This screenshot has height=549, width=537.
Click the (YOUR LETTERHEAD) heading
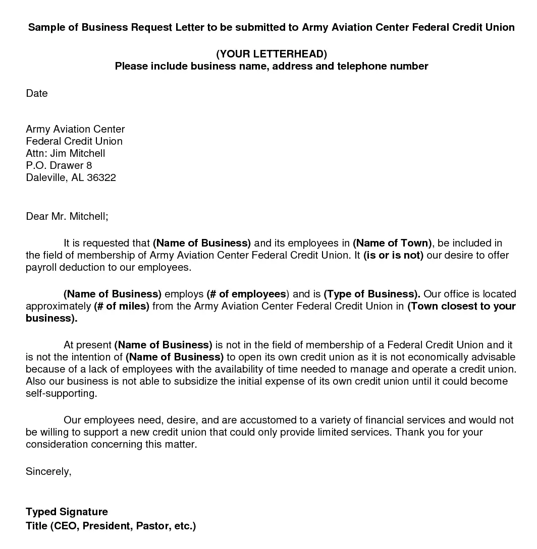pos(271,54)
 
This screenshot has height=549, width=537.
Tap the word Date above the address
pos(37,93)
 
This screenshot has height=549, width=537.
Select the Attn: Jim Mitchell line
pos(66,153)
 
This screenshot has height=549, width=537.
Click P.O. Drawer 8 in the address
pos(59,165)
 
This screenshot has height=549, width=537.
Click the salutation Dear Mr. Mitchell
pos(67,216)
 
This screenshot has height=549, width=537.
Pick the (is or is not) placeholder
pos(393,255)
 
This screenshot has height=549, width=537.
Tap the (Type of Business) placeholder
pos(371,294)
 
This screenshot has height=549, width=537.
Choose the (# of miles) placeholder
pos(122,306)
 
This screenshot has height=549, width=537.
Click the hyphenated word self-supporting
pos(61,393)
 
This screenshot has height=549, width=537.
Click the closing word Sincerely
pos(48,471)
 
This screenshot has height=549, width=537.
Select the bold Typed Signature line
pos(67,512)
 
